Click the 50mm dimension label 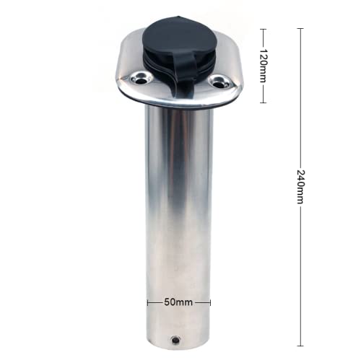(178, 302)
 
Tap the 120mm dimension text (264, 66)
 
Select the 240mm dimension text (300, 187)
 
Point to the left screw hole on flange (140, 79)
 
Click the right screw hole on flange (219, 82)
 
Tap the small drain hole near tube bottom (175, 340)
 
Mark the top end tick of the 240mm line (300, 28)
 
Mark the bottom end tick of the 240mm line (300, 346)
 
